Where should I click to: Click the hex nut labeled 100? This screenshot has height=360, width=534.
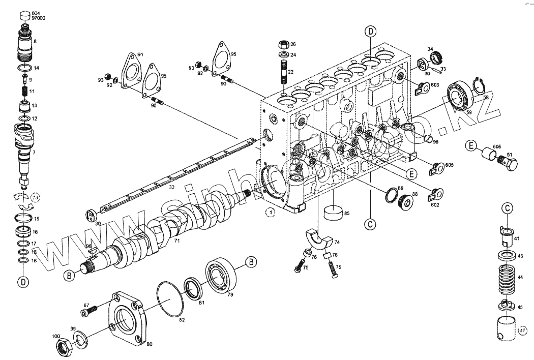tap(63, 346)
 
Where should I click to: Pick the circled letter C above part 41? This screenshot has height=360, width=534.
tap(507, 208)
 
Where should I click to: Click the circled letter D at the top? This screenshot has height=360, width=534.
tap(370, 32)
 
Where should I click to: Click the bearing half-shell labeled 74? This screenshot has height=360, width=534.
tap(319, 239)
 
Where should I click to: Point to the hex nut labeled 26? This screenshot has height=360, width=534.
tap(284, 44)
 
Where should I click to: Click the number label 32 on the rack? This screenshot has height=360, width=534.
tap(171, 187)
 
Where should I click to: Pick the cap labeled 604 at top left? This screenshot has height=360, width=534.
tap(24, 16)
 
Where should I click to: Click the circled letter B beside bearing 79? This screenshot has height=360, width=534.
tap(250, 262)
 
